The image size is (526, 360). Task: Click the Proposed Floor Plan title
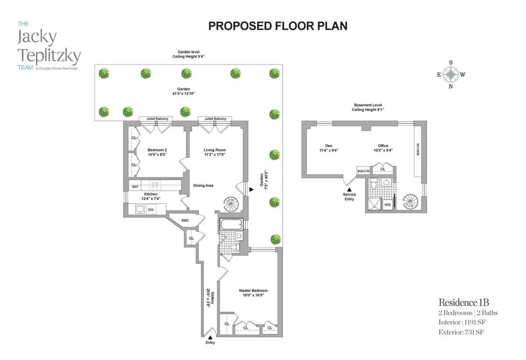click(x=277, y=26)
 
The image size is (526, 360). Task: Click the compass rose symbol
click(x=451, y=75)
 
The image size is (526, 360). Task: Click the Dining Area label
click(x=203, y=185)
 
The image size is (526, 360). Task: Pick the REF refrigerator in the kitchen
click(x=135, y=187)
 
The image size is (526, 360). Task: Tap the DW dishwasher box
click(x=150, y=210)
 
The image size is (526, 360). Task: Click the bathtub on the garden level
click(x=230, y=225)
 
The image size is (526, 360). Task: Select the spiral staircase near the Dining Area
click(x=231, y=204)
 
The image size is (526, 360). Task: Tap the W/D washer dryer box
click(x=387, y=205)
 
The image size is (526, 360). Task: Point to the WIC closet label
click(x=185, y=220)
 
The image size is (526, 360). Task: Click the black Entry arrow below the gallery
click(x=210, y=337)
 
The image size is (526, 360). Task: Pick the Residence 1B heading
click(x=464, y=303)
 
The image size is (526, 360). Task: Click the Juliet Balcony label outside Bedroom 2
click(x=156, y=119)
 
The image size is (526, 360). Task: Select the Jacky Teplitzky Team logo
click(x=48, y=48)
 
